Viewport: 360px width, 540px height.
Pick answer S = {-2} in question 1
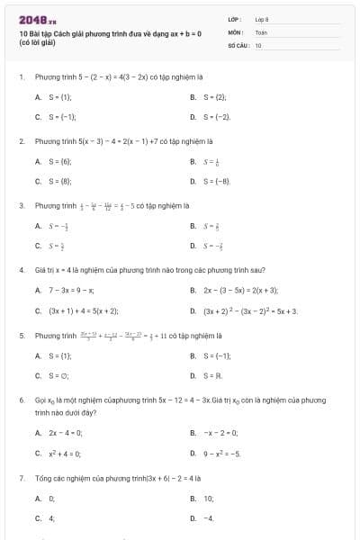218,117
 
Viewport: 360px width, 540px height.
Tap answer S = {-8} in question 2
218,181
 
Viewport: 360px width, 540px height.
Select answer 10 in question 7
208,497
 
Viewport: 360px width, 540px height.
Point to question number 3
21,205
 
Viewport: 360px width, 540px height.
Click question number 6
21,399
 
